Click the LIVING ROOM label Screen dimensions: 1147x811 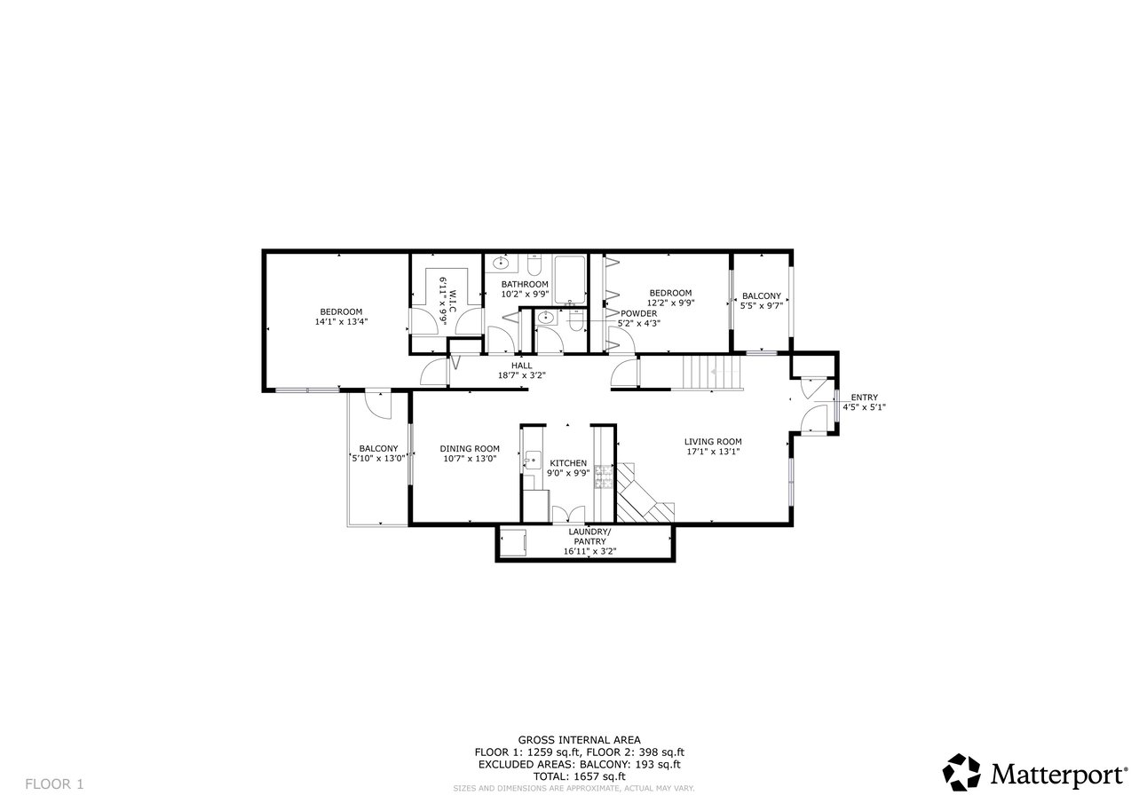(x=713, y=442)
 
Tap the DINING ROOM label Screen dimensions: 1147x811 (x=470, y=449)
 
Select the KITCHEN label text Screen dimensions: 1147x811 (x=568, y=463)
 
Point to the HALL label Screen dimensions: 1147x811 (x=522, y=366)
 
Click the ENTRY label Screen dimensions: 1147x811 (x=865, y=397)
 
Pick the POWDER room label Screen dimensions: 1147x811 (x=638, y=313)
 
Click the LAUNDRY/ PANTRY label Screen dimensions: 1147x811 (x=589, y=536)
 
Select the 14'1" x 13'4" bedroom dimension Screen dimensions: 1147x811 (x=342, y=322)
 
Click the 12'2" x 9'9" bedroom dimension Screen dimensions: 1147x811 (x=671, y=303)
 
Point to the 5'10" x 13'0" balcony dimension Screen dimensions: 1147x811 (x=378, y=459)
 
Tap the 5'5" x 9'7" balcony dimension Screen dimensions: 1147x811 (x=762, y=306)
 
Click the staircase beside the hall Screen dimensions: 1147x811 (x=713, y=373)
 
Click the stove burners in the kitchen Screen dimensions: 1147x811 (x=605, y=476)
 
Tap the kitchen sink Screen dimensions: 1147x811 (x=533, y=460)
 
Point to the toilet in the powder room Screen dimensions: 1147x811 (x=575, y=321)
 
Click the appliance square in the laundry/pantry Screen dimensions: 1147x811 (x=512, y=543)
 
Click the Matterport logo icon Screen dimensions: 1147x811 (x=961, y=772)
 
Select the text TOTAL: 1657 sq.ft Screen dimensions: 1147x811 (x=579, y=776)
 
